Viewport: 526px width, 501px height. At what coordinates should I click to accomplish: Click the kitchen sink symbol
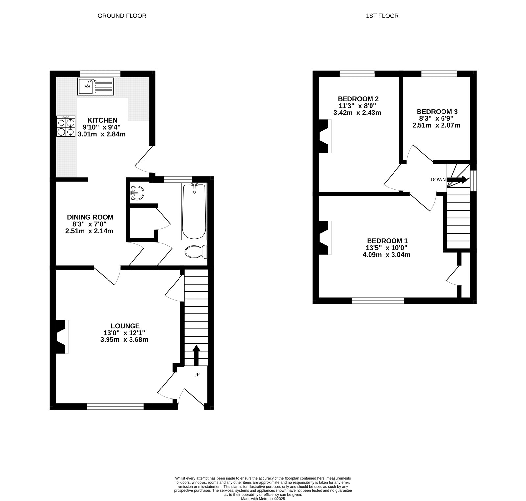(x=95, y=86)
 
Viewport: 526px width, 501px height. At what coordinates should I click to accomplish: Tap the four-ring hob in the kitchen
(x=66, y=126)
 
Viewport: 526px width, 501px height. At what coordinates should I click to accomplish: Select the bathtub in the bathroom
(x=194, y=212)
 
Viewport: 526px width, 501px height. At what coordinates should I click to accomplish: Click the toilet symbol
(x=196, y=252)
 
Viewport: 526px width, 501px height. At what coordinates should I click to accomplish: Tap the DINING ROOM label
(x=90, y=217)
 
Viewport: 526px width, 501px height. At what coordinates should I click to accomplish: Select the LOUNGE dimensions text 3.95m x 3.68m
(x=124, y=339)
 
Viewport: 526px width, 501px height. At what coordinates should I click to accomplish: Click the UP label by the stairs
(x=196, y=374)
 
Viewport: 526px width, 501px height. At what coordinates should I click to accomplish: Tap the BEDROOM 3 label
(x=437, y=112)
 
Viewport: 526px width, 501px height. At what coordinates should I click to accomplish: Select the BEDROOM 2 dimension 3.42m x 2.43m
(x=357, y=113)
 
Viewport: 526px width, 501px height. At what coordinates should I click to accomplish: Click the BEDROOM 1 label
(x=387, y=241)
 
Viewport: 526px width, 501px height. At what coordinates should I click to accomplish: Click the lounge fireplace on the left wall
(x=61, y=337)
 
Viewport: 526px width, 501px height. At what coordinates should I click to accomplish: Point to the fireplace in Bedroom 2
(x=324, y=136)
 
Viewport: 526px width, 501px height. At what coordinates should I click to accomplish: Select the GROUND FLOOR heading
(x=122, y=16)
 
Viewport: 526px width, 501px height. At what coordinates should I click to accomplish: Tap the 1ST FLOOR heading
(x=382, y=16)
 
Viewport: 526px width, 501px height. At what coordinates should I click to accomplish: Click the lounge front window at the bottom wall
(x=115, y=407)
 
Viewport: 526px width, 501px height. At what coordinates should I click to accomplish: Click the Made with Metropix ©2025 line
(x=263, y=499)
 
